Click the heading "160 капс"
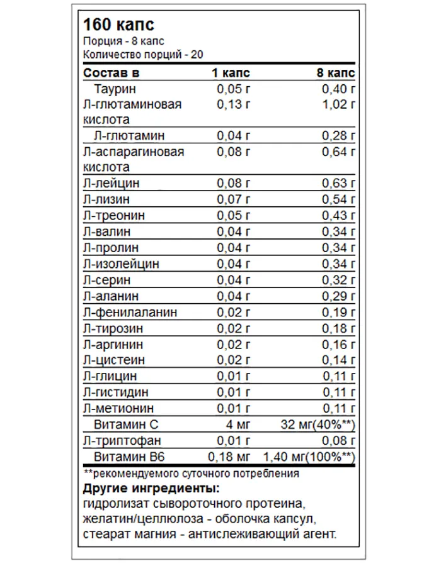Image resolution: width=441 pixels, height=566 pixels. pyautogui.click(x=118, y=25)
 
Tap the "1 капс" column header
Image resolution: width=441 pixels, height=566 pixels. pyautogui.click(x=230, y=72)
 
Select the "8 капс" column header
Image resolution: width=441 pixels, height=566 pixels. pyautogui.click(x=336, y=72)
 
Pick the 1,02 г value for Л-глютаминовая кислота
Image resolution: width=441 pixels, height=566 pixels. pyautogui.click(x=339, y=104)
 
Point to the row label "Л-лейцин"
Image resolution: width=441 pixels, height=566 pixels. pyautogui.click(x=111, y=184)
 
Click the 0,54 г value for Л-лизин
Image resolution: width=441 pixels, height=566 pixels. pyautogui.click(x=339, y=199)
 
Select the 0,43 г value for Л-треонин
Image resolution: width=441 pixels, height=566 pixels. pyautogui.click(x=339, y=216)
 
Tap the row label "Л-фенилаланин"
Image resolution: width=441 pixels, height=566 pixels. pyautogui.click(x=130, y=312)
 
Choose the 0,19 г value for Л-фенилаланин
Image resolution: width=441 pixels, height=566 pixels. pyautogui.click(x=339, y=312)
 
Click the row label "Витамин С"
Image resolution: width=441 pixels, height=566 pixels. pyautogui.click(x=126, y=424)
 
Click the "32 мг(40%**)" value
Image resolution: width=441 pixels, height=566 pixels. pyautogui.click(x=318, y=424)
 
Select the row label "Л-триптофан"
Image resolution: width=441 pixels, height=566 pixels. pyautogui.click(x=120, y=440)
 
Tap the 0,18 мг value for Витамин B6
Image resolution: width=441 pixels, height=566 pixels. pyautogui.click(x=230, y=457)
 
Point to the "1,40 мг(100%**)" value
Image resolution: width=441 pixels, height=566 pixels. pyautogui.click(x=309, y=457)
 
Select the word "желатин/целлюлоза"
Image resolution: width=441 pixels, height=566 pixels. pyautogui.click(x=128, y=519)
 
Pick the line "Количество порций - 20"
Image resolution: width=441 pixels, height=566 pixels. pyautogui.click(x=142, y=55)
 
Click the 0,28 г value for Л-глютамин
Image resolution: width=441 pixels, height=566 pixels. pyautogui.click(x=339, y=135)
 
